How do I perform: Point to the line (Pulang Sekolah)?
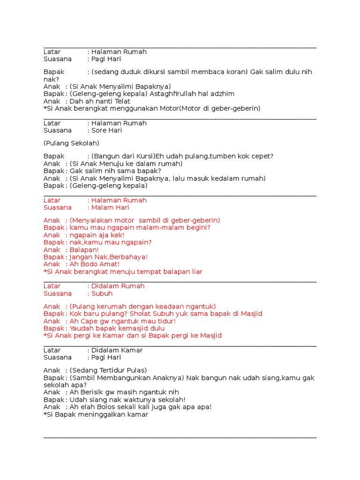point(71,143)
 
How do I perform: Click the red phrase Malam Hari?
point(110,208)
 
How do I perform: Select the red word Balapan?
point(84,250)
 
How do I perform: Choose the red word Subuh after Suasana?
point(102,293)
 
